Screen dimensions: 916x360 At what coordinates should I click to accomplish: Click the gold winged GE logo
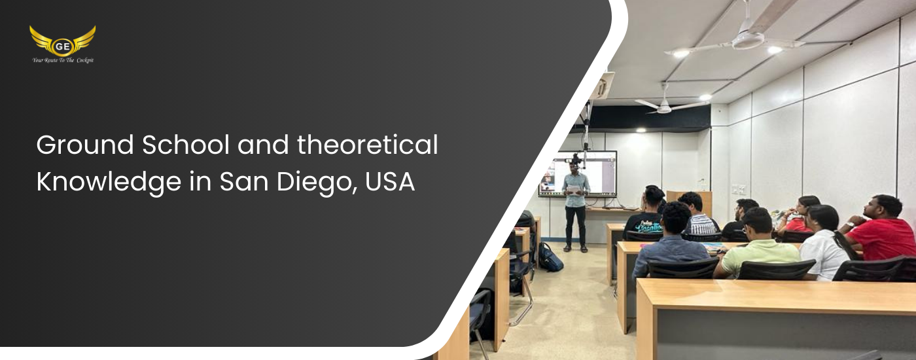63,41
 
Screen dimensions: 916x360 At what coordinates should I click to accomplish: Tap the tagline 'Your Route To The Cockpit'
63,60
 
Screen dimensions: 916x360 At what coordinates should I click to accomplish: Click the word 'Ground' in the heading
85,145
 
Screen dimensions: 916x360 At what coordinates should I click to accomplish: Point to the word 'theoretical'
367,145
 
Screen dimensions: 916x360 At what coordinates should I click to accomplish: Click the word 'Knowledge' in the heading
109,183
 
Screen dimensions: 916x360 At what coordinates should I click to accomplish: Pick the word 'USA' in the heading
390,182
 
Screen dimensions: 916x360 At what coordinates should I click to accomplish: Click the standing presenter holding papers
576,204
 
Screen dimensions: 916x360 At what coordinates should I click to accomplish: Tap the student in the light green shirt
756,245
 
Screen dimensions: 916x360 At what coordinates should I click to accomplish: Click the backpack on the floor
550,257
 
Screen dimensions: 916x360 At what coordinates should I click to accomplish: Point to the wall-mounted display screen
577,174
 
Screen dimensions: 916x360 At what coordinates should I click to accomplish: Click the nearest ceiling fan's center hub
748,40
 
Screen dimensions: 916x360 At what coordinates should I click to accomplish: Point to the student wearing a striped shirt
699,215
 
